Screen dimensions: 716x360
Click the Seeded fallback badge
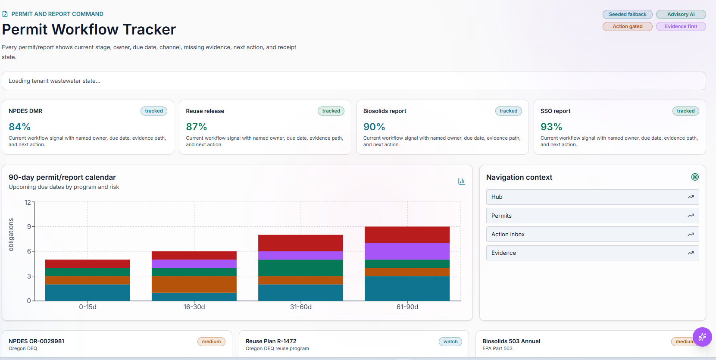[628, 14]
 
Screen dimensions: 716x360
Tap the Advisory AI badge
[681, 14]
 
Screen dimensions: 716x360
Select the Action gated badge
[628, 27]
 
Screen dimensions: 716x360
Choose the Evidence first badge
[681, 27]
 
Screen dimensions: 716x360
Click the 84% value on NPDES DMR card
[19, 127]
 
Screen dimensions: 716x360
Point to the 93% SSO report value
[551, 127]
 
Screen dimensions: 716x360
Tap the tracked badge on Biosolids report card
[508, 111]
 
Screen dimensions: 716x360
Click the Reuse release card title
[205, 111]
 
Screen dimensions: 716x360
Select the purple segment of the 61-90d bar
[407, 251]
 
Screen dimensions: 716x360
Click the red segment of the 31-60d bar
[300, 243]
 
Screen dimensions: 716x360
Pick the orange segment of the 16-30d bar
[194, 284]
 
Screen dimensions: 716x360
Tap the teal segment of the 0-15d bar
[88, 293]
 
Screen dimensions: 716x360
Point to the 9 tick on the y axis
[29, 227]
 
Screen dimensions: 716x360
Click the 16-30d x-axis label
[194, 307]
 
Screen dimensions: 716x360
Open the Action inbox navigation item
[592, 235]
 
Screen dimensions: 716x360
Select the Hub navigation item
[592, 197]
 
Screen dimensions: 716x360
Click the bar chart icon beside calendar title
[462, 181]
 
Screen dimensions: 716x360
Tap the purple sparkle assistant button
[702, 337]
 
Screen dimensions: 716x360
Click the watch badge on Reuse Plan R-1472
[450, 341]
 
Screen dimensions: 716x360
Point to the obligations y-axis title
[11, 235]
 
